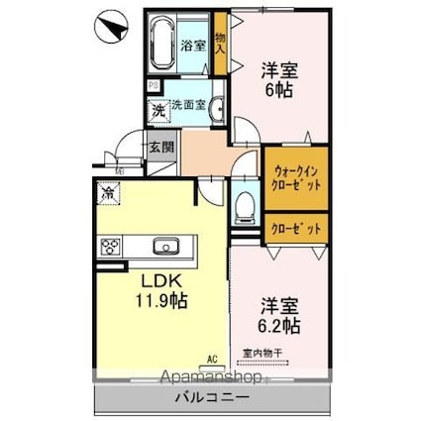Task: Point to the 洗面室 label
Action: [188, 104]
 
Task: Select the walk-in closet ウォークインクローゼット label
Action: [295, 179]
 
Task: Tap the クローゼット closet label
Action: [295, 228]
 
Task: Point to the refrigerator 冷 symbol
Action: [106, 193]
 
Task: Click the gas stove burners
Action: [108, 246]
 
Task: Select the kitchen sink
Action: [164, 246]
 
